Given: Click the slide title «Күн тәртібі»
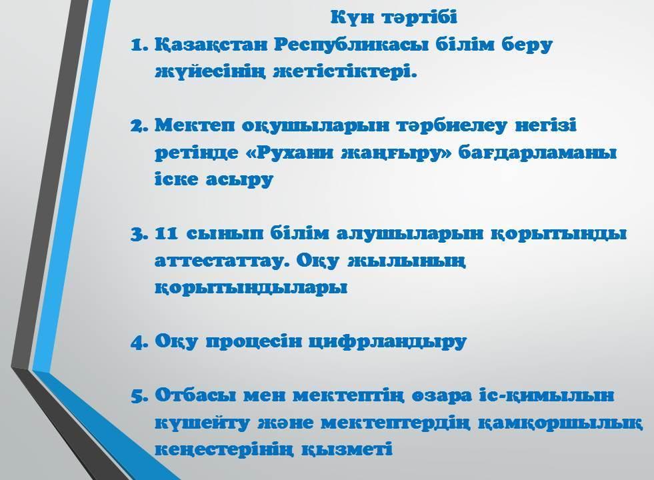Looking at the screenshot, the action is click(x=394, y=17).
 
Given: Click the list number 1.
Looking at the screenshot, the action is click(x=139, y=45).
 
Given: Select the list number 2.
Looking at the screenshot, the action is click(x=139, y=125).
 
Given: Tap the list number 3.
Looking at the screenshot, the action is click(x=139, y=234).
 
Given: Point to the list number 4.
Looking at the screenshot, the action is click(x=139, y=342).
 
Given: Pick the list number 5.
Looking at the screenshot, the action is click(x=139, y=395).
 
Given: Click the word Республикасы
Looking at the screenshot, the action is click(x=351, y=46).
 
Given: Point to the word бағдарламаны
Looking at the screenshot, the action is click(x=537, y=153).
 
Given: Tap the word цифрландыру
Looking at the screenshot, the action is click(x=387, y=342).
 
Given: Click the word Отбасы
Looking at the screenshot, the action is click(x=195, y=395).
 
